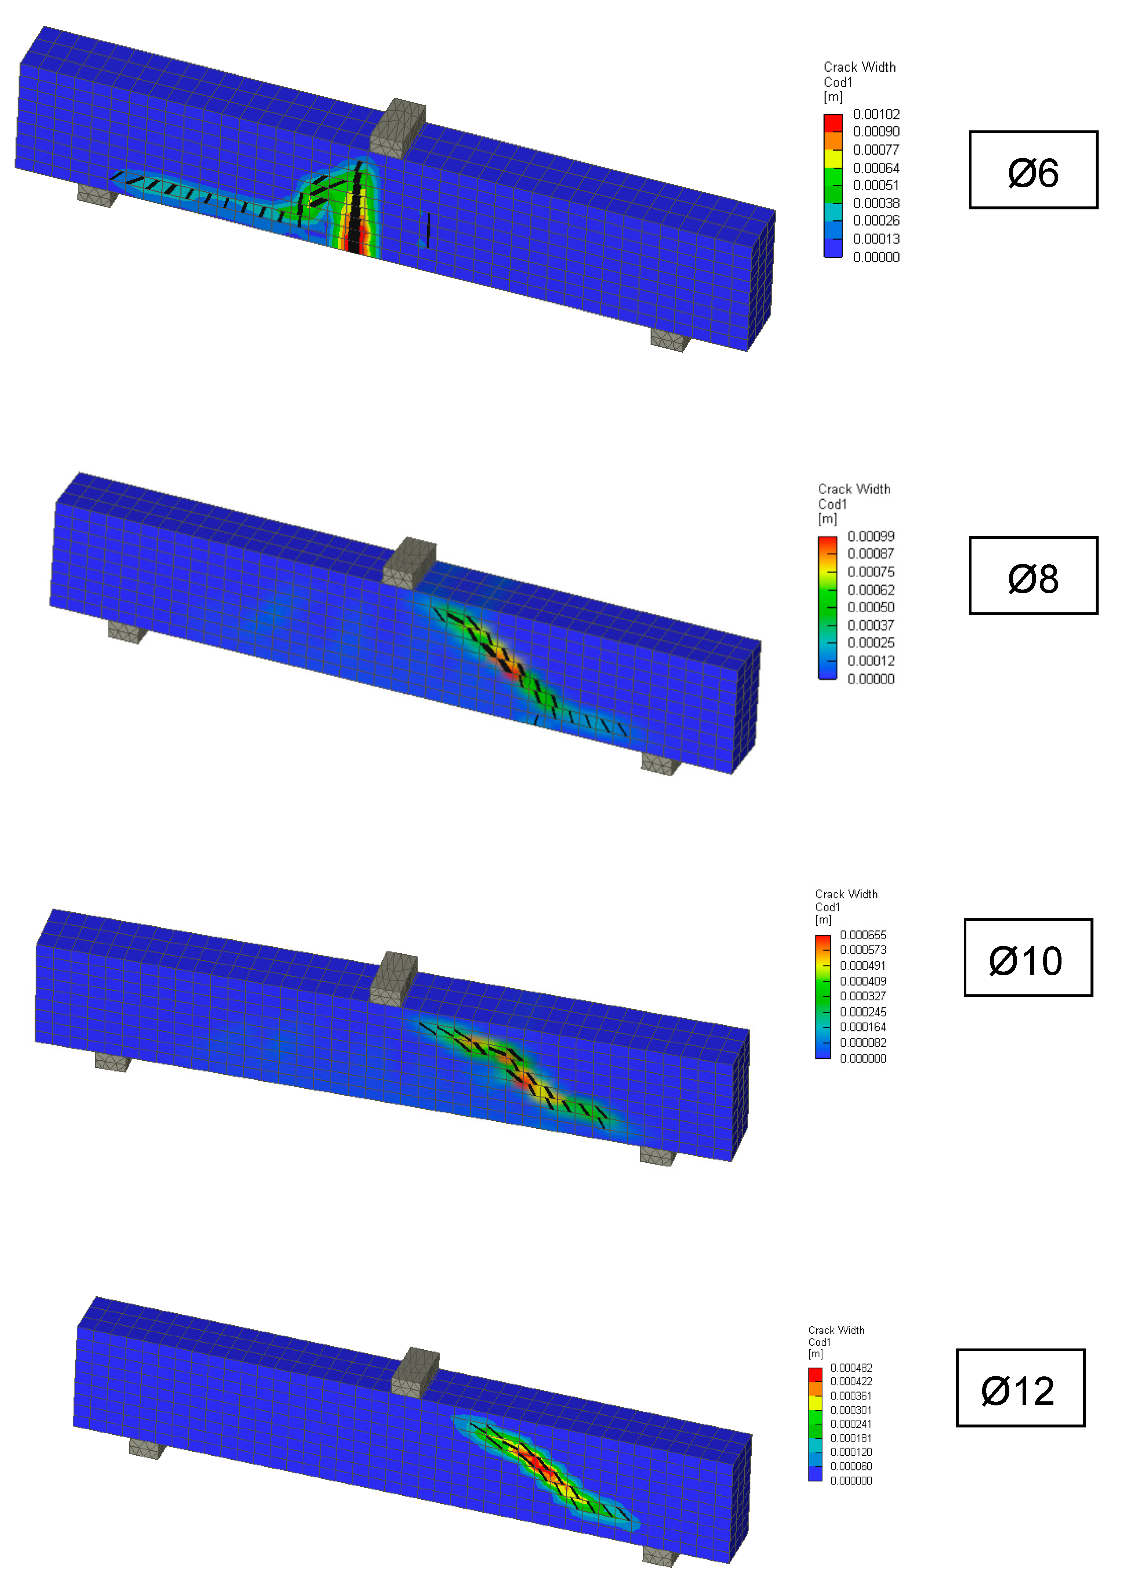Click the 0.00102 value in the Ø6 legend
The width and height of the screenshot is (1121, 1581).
pyautogui.click(x=876, y=114)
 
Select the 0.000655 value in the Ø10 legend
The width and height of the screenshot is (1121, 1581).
pyautogui.click(x=863, y=935)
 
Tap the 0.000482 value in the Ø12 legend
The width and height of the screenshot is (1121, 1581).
pyautogui.click(x=851, y=1368)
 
